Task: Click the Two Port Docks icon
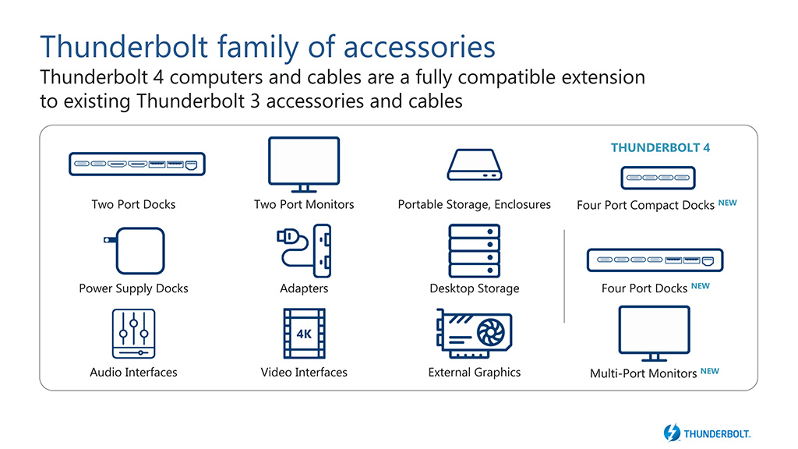tap(137, 164)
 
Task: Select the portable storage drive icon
tap(475, 164)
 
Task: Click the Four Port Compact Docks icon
tap(658, 178)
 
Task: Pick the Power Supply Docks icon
tap(135, 251)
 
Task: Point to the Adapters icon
tap(304, 250)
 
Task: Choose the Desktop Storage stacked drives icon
tap(475, 250)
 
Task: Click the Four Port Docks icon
tap(655, 260)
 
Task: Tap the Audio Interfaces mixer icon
tap(133, 334)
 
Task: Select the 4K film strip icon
tap(305, 334)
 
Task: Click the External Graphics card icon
tap(474, 334)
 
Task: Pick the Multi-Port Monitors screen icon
tap(654, 334)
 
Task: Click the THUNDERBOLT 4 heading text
tap(660, 147)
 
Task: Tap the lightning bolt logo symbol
tap(672, 433)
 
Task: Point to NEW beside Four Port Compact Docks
tap(728, 203)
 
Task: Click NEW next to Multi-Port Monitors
tap(709, 371)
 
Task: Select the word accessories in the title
tap(419, 47)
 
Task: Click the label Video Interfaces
tap(304, 372)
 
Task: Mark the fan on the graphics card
tap(491, 333)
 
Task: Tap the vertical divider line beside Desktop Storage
tap(564, 276)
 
